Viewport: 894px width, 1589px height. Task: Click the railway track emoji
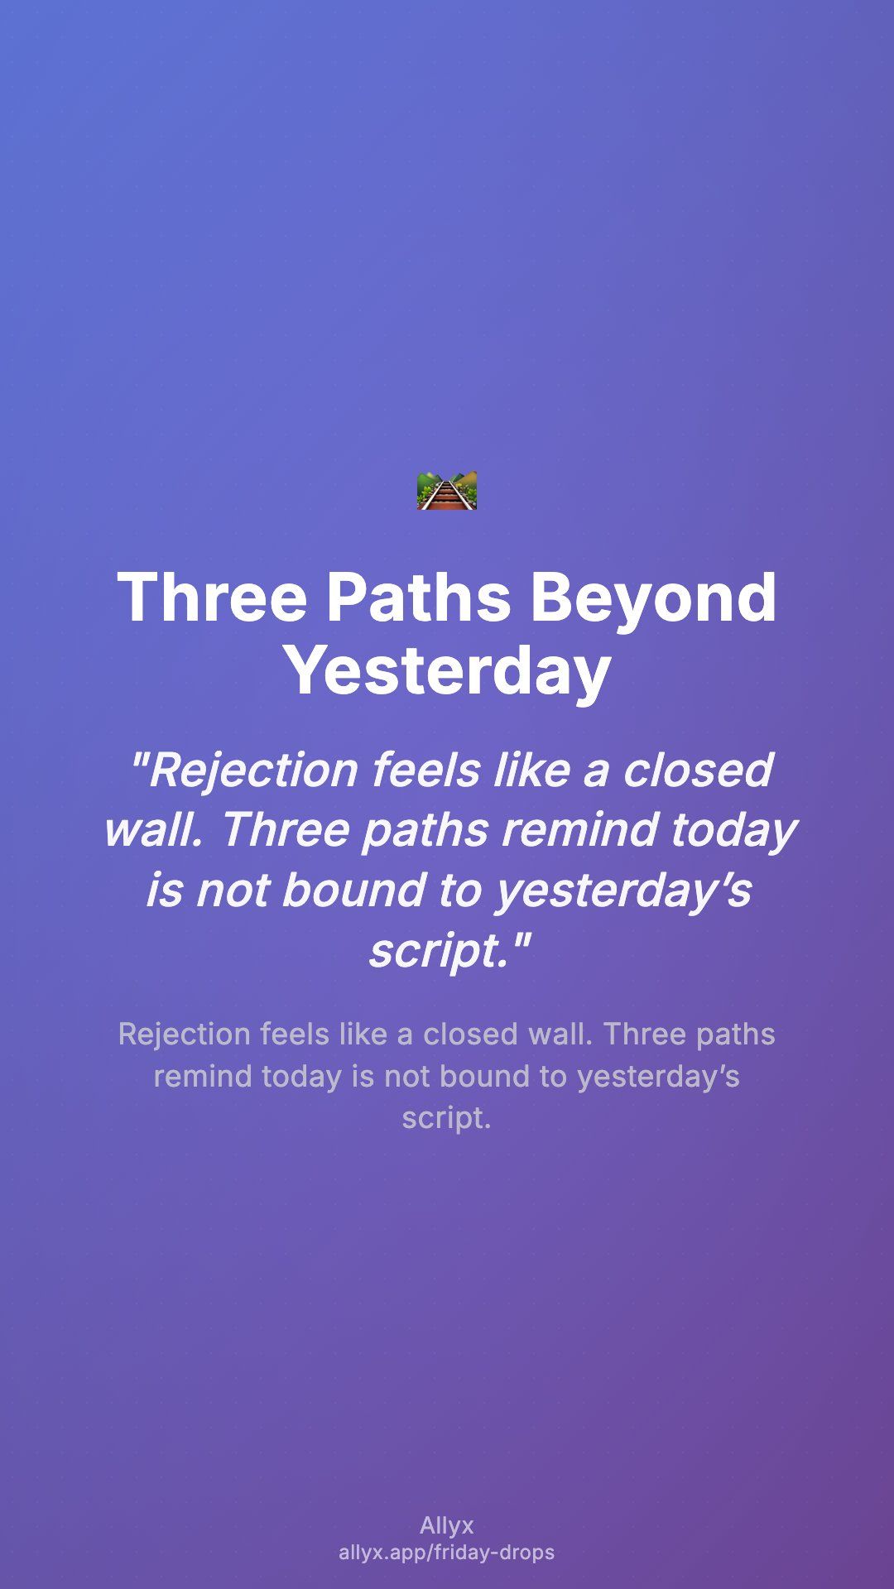pos(447,491)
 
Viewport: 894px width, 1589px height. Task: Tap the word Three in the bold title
pos(213,597)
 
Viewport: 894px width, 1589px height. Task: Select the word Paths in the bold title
pos(419,597)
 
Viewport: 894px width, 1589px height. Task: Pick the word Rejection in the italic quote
pos(246,771)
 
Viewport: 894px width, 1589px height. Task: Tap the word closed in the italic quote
pos(698,770)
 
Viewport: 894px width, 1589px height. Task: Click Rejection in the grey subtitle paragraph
pos(185,1035)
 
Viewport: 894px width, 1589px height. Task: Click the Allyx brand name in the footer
pos(447,1525)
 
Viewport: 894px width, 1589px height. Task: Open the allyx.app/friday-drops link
pos(447,1553)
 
